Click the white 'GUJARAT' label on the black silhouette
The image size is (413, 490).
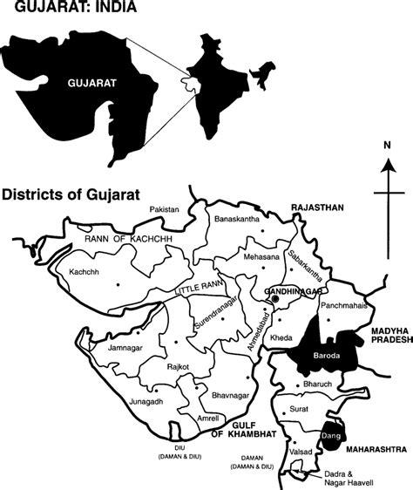(x=91, y=85)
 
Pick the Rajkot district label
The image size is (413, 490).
(x=180, y=367)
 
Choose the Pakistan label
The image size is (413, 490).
(x=164, y=210)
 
